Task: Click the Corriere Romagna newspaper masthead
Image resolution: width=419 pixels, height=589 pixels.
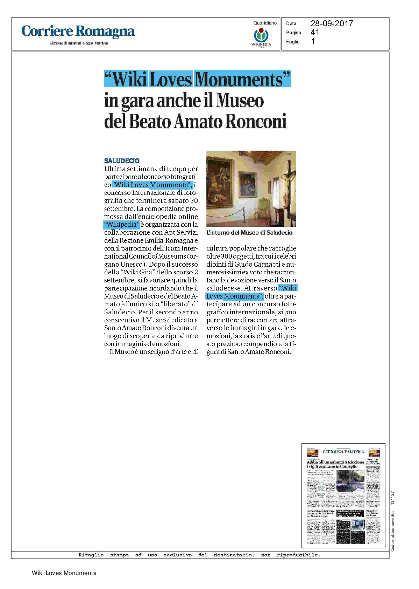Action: click(78, 31)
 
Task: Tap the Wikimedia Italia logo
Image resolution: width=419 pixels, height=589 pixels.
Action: click(261, 36)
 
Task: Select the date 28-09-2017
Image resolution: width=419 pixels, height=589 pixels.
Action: click(332, 23)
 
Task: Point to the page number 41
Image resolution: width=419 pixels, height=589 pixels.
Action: click(315, 32)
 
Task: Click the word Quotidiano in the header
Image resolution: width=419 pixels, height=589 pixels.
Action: click(265, 23)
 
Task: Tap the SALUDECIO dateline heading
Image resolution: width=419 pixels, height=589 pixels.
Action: click(122, 161)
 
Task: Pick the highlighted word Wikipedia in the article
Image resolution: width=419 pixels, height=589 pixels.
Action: click(122, 225)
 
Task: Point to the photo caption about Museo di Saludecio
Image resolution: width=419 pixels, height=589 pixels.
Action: click(249, 233)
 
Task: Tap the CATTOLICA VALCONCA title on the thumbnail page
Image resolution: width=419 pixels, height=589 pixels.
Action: click(343, 452)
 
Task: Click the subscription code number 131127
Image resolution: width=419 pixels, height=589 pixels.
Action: click(392, 498)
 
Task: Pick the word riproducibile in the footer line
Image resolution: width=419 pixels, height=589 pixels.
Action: click(298, 555)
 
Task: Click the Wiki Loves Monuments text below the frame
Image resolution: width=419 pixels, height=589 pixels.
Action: click(64, 573)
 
